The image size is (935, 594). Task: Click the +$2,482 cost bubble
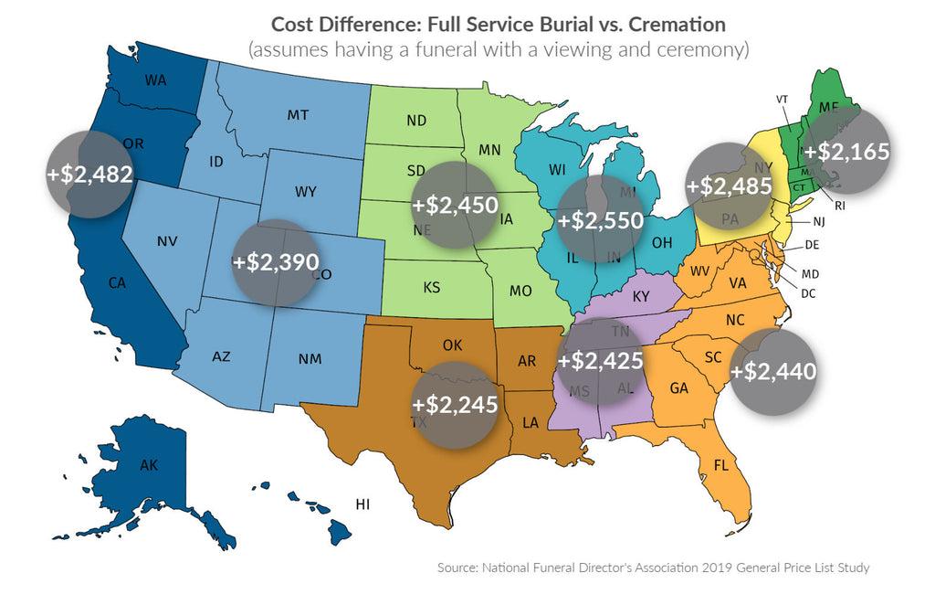89,174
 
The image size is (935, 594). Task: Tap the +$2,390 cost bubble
277,261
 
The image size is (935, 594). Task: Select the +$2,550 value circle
600,219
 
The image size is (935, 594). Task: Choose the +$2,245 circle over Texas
455,404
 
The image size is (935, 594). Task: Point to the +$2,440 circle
773,371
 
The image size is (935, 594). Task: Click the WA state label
156,80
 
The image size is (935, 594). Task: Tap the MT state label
297,116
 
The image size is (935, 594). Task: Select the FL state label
721,464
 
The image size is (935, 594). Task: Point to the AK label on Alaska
150,465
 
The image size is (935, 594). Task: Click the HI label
362,504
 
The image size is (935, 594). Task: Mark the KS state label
432,286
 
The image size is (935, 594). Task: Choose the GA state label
678,387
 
